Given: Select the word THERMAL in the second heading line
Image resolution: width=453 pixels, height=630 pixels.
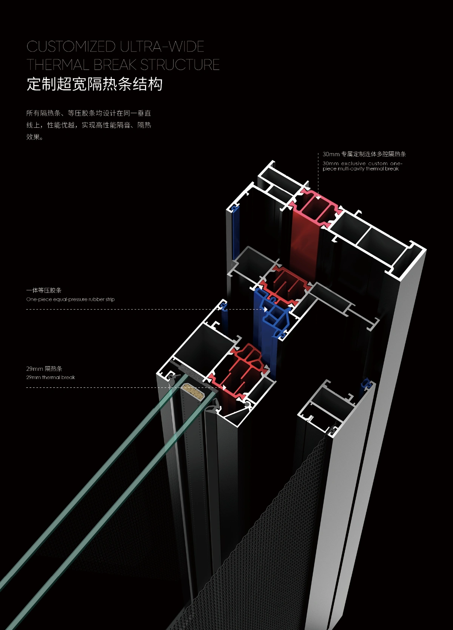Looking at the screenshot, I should (58, 65).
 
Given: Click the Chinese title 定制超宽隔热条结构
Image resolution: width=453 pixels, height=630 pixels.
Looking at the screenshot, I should (94, 84).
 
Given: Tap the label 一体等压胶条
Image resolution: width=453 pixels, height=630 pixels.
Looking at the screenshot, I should (44, 290).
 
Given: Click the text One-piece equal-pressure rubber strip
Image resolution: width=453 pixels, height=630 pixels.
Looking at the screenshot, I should (70, 299).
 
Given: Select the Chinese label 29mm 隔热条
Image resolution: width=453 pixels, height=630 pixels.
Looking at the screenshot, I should (44, 368).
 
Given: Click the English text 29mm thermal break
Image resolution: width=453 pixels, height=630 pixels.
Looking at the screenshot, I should (51, 377).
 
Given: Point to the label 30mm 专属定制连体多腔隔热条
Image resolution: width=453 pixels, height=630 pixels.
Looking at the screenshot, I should (364, 154).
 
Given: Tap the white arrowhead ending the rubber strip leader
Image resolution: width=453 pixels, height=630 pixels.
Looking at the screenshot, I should (266, 309).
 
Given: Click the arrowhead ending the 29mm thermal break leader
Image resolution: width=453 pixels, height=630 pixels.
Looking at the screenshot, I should (224, 387).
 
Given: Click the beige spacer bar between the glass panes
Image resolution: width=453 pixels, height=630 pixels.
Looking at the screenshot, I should (193, 391).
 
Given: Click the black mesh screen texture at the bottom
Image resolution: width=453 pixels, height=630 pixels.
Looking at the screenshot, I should (264, 548).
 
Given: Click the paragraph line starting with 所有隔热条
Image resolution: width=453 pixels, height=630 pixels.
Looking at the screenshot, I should (89, 113).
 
